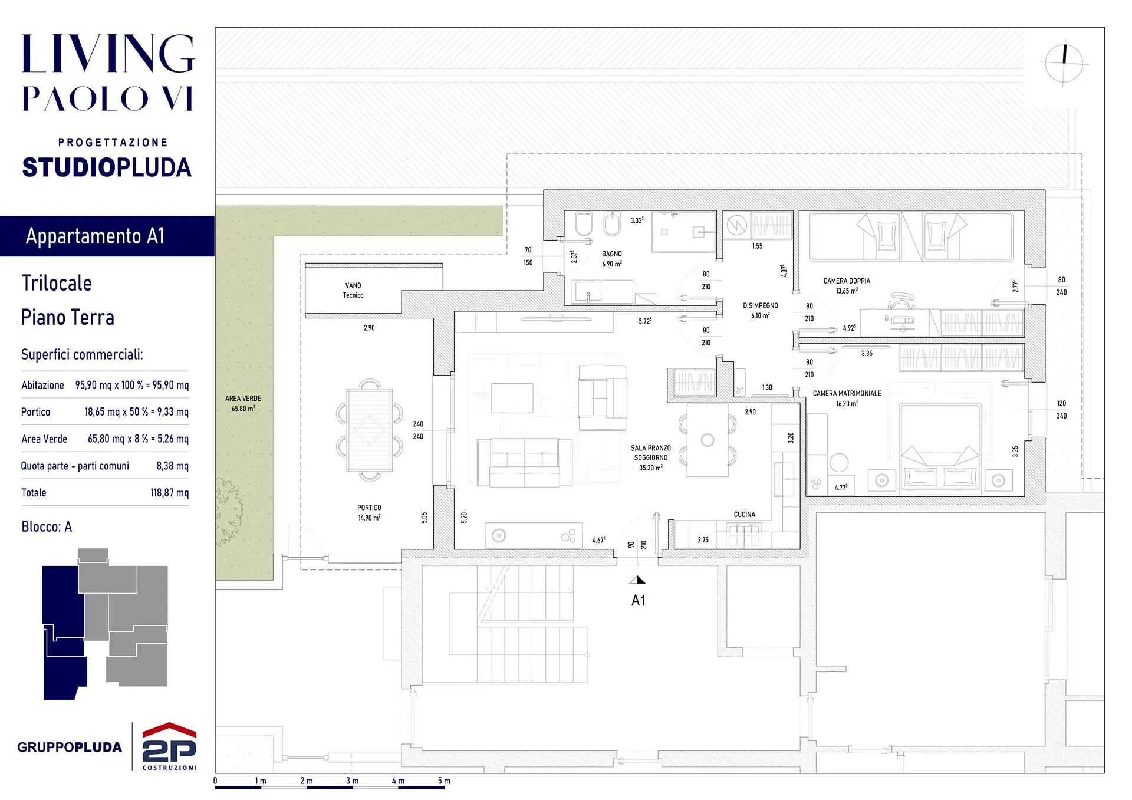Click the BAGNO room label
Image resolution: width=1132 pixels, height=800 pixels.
click(x=611, y=254)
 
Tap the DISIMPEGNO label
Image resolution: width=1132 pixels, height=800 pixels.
click(x=760, y=306)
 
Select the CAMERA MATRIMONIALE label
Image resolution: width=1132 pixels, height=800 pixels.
click(x=847, y=393)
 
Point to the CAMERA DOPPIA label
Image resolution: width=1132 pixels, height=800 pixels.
click(x=847, y=281)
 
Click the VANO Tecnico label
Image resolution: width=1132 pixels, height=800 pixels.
click(x=353, y=290)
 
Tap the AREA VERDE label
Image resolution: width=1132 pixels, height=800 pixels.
click(x=243, y=399)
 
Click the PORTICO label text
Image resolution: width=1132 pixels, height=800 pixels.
click(x=369, y=508)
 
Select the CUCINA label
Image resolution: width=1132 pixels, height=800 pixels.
click(x=744, y=515)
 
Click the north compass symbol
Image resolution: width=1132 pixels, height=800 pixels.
click(x=1064, y=63)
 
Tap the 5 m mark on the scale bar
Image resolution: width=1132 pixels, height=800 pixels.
click(x=444, y=781)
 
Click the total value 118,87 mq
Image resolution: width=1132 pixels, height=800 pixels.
click(x=169, y=493)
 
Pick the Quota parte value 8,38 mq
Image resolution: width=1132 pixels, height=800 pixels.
click(x=172, y=466)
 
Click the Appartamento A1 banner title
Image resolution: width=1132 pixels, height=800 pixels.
click(x=95, y=236)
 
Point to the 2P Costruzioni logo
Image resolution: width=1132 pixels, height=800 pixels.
click(x=170, y=746)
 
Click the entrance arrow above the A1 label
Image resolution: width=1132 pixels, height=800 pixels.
click(x=637, y=580)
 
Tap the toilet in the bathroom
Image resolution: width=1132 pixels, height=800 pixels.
click(x=584, y=224)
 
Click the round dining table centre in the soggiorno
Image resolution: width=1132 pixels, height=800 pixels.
click(x=707, y=440)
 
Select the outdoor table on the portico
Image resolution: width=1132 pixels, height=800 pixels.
click(x=370, y=430)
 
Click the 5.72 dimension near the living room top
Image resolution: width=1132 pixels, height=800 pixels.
click(x=645, y=321)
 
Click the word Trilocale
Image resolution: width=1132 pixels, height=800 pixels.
click(x=57, y=284)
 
